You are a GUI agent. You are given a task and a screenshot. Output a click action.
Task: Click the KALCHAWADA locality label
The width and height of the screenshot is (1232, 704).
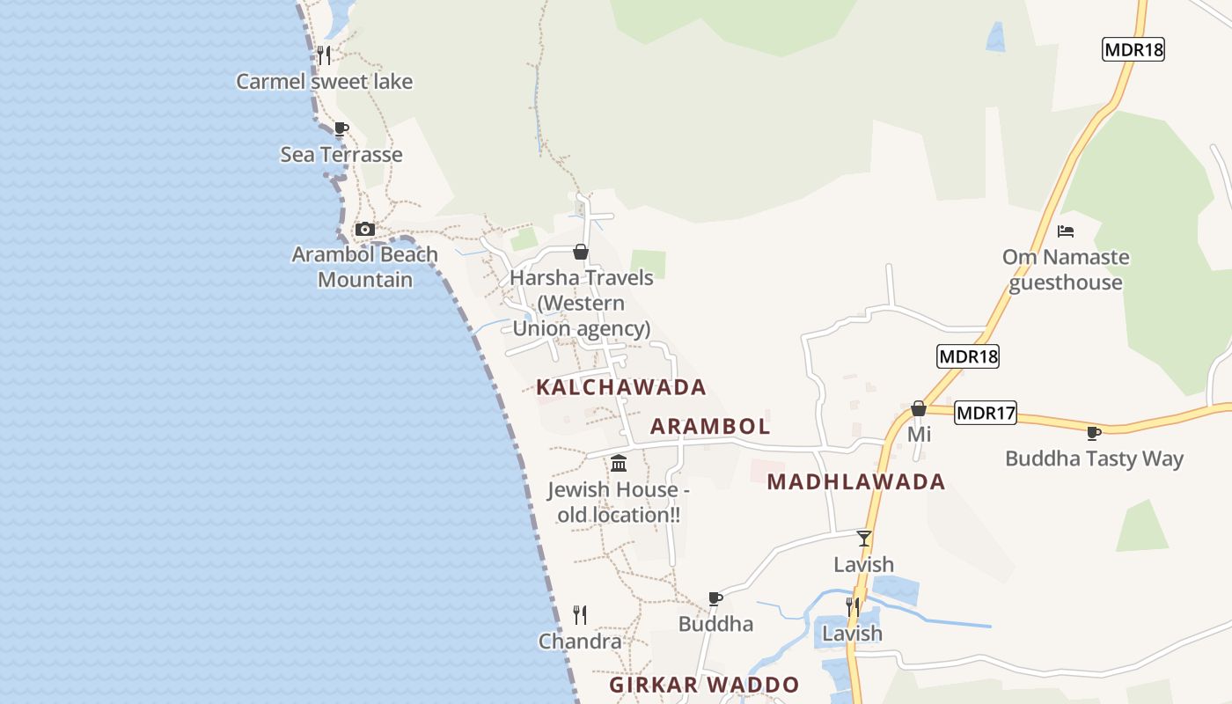point(621,387)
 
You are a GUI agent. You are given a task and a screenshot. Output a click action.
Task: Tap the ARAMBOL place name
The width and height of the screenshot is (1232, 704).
point(710,427)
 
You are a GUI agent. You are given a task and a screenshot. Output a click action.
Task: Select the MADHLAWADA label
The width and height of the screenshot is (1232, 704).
point(856,481)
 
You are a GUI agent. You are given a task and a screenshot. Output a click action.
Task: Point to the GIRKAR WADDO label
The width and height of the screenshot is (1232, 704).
point(705,685)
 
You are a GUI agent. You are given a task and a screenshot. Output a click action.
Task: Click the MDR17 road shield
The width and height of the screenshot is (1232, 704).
point(986,412)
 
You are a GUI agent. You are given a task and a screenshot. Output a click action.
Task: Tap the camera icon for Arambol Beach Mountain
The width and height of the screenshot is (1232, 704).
point(364,230)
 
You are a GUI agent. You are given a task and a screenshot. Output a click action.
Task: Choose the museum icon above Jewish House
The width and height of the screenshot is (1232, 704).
point(619,464)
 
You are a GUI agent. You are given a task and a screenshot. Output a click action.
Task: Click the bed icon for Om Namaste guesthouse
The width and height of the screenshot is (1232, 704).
point(1066,231)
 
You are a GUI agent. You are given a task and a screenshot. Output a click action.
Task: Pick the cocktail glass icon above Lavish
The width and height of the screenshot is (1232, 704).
point(864,539)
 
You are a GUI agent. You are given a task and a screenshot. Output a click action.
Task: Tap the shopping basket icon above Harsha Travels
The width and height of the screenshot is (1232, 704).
point(581,253)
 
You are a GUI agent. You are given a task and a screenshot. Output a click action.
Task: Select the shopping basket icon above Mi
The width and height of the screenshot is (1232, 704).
point(919,408)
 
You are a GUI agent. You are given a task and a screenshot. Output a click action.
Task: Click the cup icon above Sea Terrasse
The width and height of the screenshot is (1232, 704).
point(341,128)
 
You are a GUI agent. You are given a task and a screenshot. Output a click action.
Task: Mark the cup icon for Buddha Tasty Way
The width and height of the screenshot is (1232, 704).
point(1094,433)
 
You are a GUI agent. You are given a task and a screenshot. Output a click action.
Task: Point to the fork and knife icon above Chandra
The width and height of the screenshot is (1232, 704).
point(580,614)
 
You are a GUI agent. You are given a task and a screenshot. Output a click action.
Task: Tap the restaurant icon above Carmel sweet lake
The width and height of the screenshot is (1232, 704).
point(324,55)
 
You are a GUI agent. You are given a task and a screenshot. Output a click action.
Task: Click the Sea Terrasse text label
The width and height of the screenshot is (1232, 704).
point(341,155)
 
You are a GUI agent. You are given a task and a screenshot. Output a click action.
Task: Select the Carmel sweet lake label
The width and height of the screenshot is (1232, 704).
point(324,82)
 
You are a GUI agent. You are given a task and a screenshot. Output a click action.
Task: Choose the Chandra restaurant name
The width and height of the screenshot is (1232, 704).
point(580,642)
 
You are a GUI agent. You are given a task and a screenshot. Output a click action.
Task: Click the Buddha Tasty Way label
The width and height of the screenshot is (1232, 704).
point(1094,458)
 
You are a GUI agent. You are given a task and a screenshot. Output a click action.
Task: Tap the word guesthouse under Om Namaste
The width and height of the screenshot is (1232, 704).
point(1066,282)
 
